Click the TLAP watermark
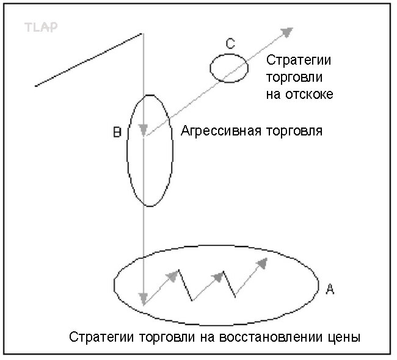(x=41, y=27)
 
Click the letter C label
(x=230, y=43)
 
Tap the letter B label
(x=117, y=132)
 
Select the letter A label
(x=330, y=289)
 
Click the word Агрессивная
(x=221, y=131)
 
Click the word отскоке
(x=309, y=95)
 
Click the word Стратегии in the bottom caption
(x=101, y=337)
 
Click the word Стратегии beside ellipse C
(x=299, y=60)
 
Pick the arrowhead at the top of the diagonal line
(x=287, y=32)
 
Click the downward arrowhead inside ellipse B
(x=144, y=130)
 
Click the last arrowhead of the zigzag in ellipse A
(x=262, y=264)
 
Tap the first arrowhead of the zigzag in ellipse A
(x=172, y=276)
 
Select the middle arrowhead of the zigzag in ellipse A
(x=218, y=277)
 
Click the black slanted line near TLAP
(x=89, y=60)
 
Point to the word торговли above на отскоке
(x=294, y=77)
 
